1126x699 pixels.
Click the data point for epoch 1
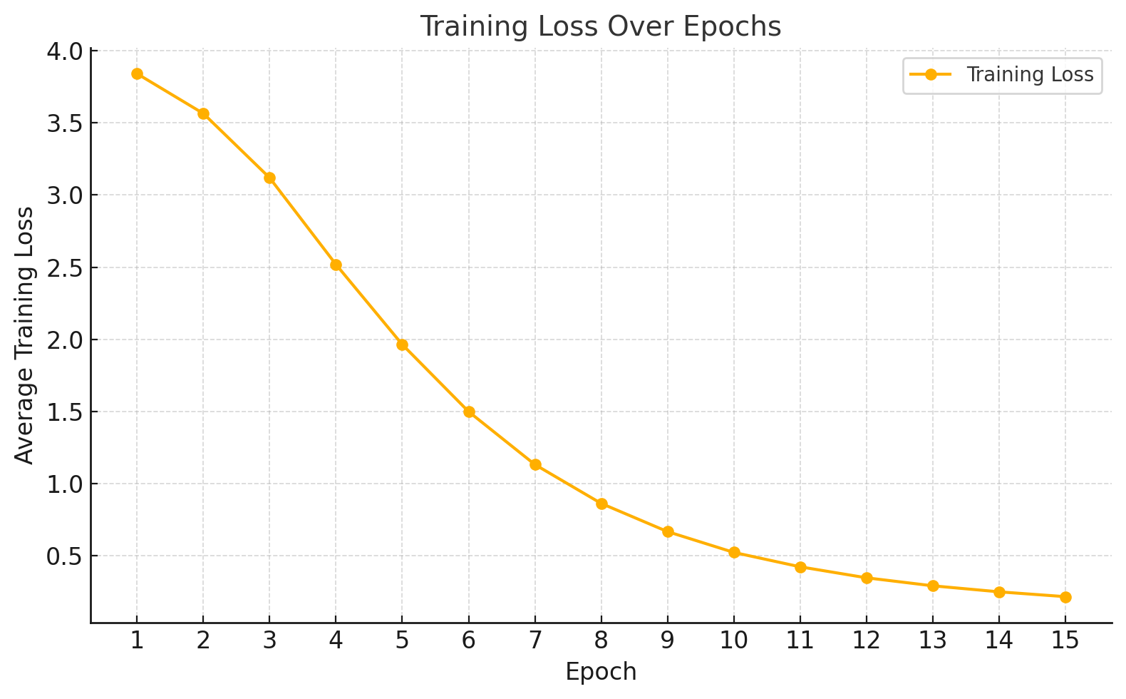[137, 74]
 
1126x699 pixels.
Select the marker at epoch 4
[336, 265]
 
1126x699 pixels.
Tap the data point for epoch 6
[469, 412]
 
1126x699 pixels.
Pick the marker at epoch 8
[601, 504]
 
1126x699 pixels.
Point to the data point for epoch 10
[734, 552]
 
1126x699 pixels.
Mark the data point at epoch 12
[867, 578]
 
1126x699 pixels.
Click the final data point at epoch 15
[1065, 597]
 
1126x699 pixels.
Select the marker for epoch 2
[203, 113]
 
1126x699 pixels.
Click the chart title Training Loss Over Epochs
[600, 27]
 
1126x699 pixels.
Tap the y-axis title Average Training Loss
[24, 335]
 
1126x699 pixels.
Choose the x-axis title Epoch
[601, 672]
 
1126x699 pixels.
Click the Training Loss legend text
[1029, 75]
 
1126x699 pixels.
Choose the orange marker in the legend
[930, 75]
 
